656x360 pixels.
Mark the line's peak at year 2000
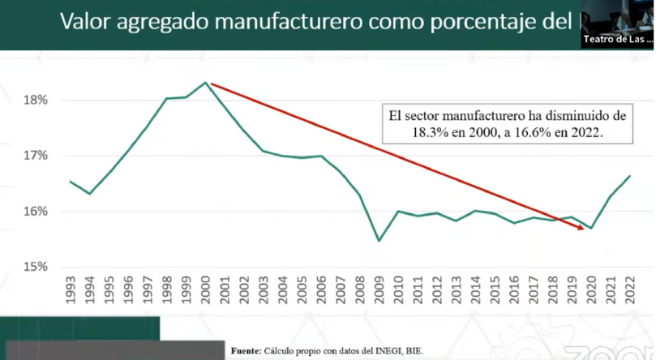(x=206, y=83)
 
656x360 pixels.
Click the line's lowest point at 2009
(x=378, y=241)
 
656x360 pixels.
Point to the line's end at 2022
(x=629, y=176)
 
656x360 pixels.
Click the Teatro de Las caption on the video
(x=618, y=39)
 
